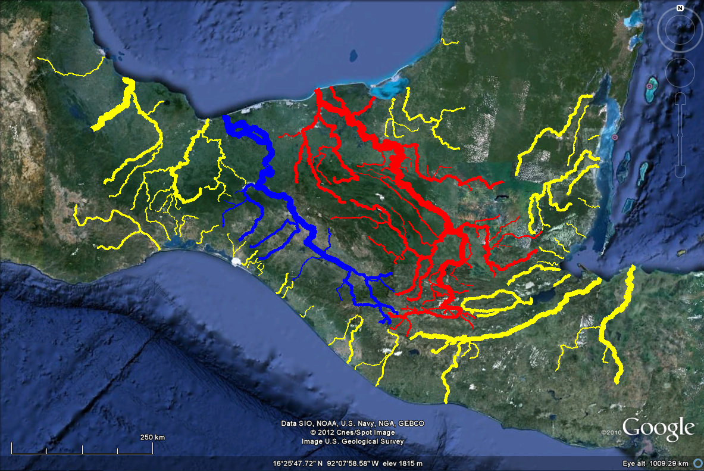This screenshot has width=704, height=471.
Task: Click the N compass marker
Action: [x=680, y=8]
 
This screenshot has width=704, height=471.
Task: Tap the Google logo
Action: [x=659, y=428]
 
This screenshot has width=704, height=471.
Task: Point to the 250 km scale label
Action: [x=152, y=437]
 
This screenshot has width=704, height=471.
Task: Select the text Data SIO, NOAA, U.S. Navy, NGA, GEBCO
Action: [x=352, y=423]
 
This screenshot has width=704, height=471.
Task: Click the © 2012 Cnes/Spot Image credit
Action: [x=352, y=432]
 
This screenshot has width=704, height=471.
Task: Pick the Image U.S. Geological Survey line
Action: [x=352, y=441]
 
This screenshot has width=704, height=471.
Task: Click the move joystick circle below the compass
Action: [x=680, y=72]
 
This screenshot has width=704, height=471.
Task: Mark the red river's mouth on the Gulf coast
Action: [x=318, y=91]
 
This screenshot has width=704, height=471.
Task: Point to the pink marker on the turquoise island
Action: [x=648, y=86]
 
